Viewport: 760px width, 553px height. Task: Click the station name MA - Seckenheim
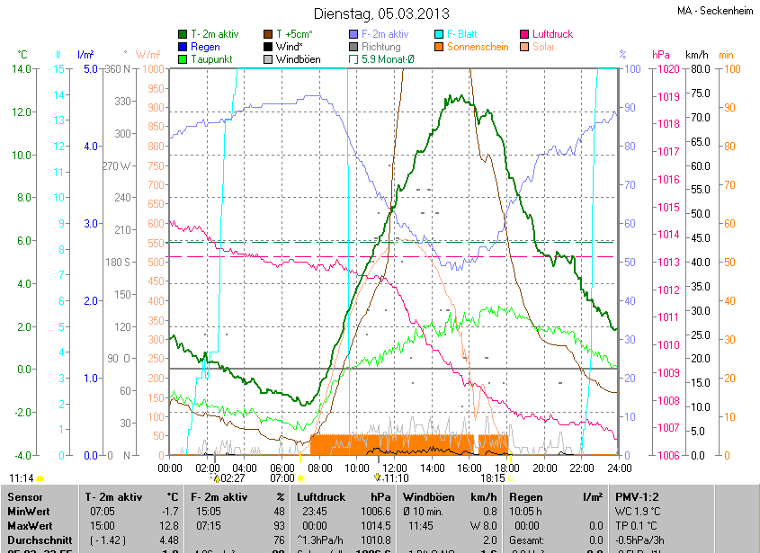coord(714,11)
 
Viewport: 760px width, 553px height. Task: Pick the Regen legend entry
coord(204,46)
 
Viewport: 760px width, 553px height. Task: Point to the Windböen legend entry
coord(299,59)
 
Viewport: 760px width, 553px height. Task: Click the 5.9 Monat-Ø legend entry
coord(388,59)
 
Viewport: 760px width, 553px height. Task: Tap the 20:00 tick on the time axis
coord(544,468)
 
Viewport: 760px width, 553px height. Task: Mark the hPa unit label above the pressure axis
coord(661,55)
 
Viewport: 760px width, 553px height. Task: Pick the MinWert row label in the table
coord(27,511)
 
